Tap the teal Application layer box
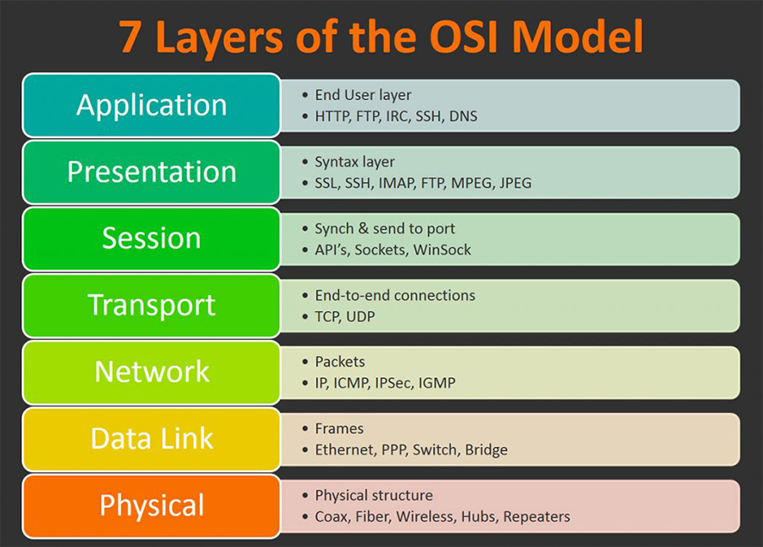[x=152, y=105]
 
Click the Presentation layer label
[x=152, y=171]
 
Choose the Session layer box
[x=152, y=238]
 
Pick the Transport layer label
[x=152, y=305]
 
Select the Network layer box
[x=152, y=371]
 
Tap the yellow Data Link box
[x=152, y=438]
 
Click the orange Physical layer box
[x=152, y=505]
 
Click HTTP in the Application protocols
[x=331, y=116]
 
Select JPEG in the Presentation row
[x=515, y=183]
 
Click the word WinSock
[x=443, y=249]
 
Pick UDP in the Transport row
[x=359, y=316]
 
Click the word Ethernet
[x=343, y=450]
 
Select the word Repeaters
[x=537, y=516]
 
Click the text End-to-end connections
[x=395, y=295]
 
